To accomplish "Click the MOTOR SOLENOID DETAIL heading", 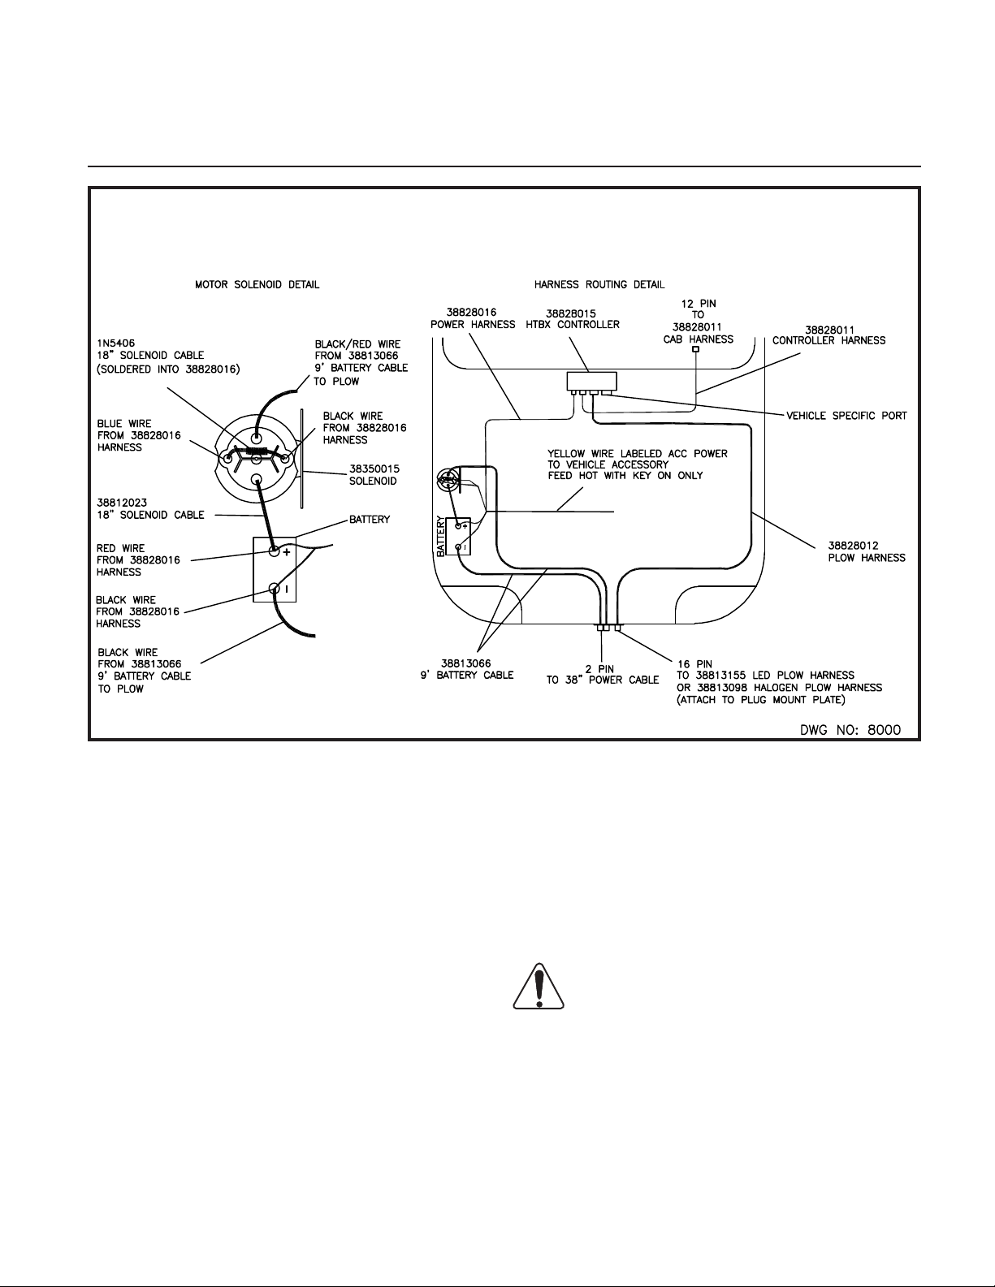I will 257,285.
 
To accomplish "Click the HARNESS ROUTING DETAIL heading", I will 599,285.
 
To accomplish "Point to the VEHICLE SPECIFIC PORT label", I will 846,416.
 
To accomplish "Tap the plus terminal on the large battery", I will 275,552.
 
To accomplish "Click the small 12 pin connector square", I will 694,350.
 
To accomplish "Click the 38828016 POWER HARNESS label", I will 473,317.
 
